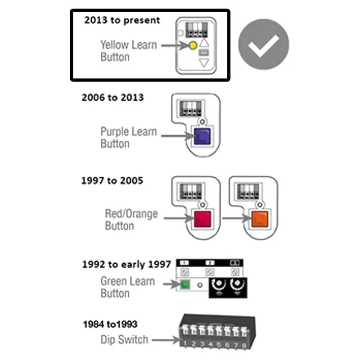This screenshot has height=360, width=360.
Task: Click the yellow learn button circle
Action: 193,45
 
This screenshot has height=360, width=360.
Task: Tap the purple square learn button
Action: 202,136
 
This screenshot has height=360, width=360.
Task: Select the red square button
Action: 202,219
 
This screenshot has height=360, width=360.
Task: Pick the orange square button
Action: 260,219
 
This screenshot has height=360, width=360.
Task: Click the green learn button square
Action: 185,284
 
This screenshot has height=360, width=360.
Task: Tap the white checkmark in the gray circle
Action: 264,45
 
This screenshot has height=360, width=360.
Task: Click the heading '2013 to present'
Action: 122,20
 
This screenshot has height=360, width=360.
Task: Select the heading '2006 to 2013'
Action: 112,98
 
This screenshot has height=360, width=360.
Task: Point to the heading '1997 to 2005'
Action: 112,181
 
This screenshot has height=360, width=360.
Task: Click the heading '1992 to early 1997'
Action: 126,265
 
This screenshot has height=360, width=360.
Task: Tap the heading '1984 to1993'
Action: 110,324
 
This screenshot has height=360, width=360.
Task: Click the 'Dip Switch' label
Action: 124,340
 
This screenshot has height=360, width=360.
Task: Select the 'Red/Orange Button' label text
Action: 131,220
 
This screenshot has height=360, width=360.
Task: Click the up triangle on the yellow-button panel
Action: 204,43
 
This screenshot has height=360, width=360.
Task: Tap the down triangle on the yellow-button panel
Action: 204,63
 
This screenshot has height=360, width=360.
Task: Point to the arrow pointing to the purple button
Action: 178,136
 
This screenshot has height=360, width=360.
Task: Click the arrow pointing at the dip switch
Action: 166,340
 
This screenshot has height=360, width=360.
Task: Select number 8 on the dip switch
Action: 244,345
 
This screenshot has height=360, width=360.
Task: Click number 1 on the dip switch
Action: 185,344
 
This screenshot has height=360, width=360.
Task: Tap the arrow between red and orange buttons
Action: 237,218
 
